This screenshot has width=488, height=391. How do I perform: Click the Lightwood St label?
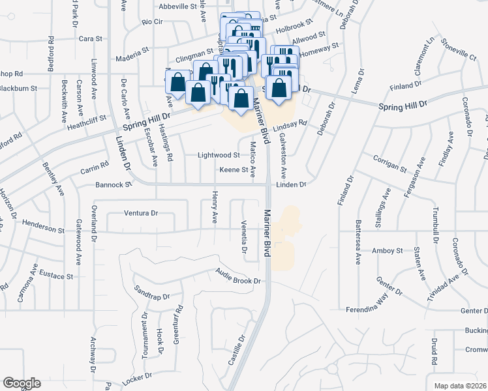[219, 155]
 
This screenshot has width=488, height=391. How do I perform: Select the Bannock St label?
[114, 184]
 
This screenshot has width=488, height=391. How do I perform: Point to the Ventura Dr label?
[142, 213]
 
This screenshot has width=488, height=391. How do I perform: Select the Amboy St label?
[388, 250]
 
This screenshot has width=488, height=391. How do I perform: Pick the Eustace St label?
[55, 275]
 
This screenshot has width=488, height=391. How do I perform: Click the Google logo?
[22, 383]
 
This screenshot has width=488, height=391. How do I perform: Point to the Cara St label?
[91, 38]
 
